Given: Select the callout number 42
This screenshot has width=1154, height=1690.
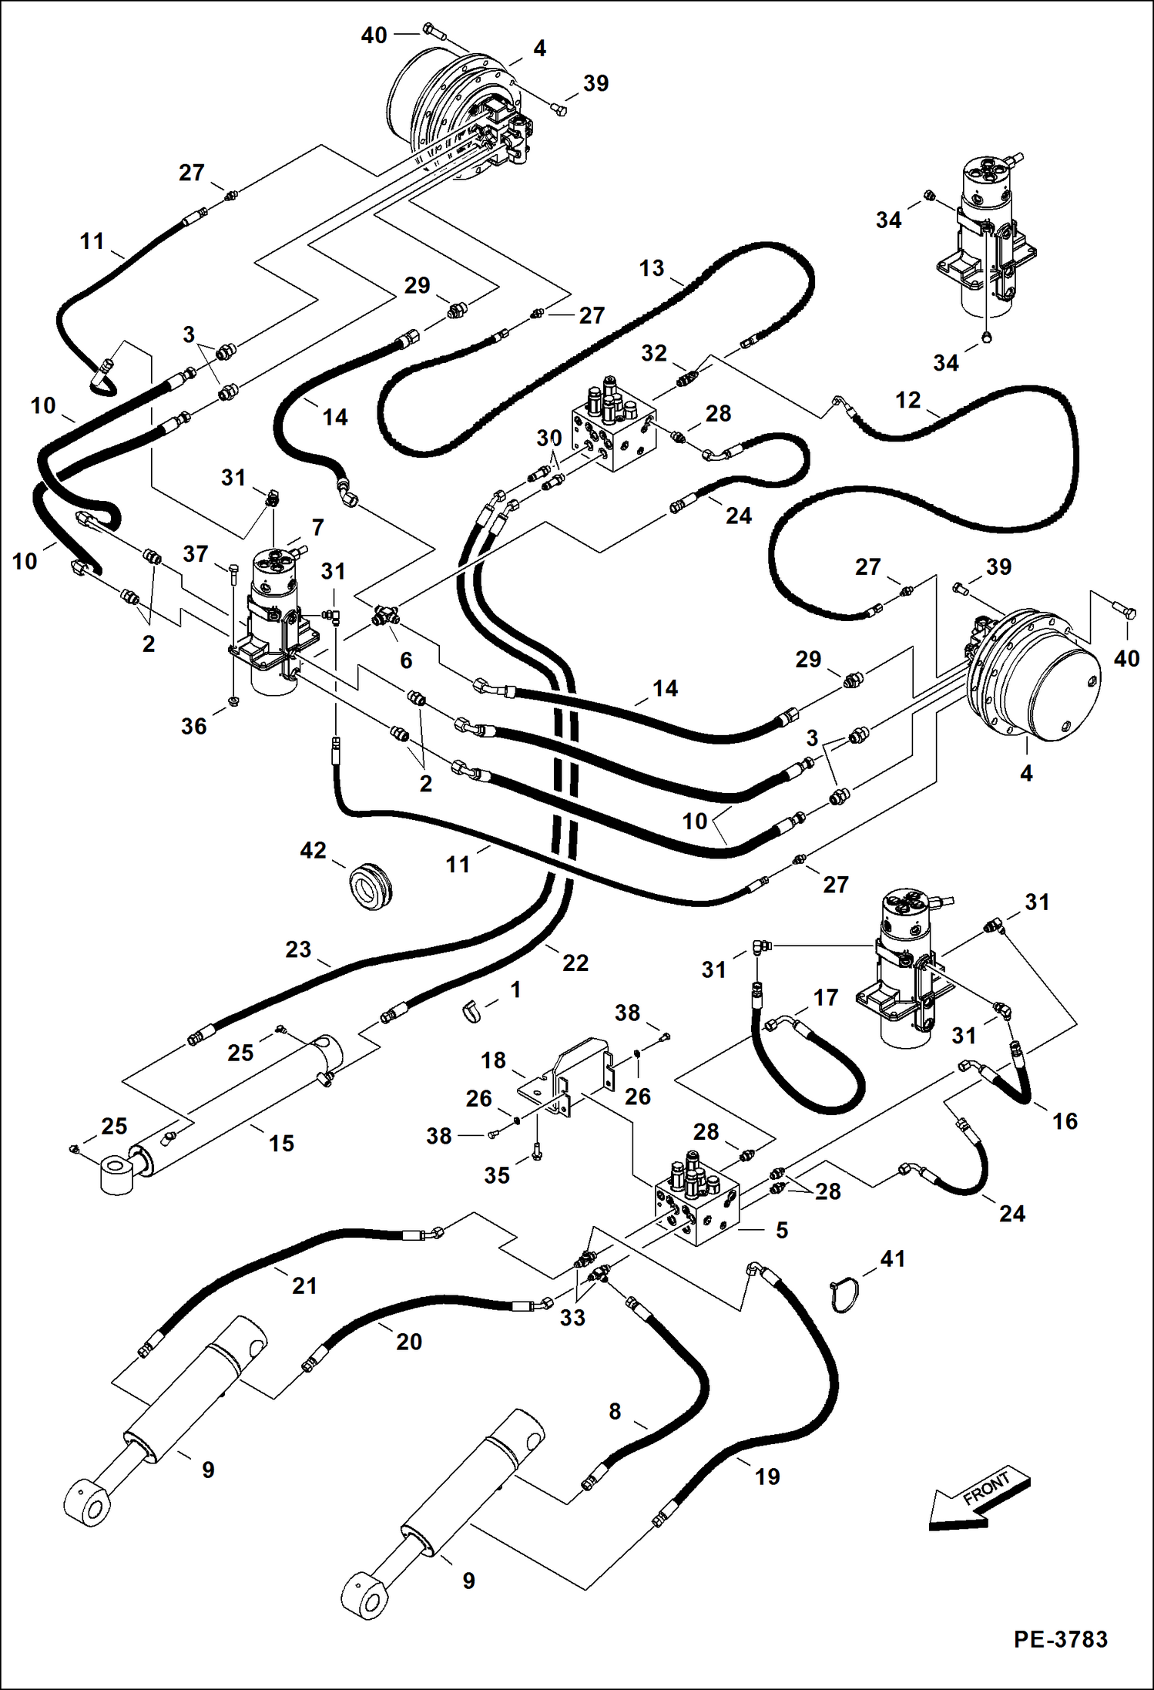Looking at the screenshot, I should [313, 850].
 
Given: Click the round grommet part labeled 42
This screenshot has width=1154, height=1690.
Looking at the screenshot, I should [371, 888].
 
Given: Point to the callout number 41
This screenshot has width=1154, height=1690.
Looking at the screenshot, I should [892, 1258].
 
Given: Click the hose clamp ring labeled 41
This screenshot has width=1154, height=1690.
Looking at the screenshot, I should [847, 1295].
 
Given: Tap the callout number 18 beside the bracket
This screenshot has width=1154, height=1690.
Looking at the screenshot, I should [493, 1060].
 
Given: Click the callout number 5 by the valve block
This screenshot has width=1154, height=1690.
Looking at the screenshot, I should [781, 1230].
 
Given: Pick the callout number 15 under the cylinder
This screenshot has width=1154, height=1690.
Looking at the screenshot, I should [281, 1143].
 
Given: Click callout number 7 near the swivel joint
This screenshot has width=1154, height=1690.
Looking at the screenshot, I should [317, 527].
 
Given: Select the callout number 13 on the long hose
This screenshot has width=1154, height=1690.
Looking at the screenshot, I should [651, 268].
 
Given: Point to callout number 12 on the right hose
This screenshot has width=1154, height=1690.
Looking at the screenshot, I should [907, 400].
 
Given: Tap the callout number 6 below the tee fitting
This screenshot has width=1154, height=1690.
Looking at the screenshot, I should [406, 660].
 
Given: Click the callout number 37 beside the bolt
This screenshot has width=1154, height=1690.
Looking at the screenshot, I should [196, 553].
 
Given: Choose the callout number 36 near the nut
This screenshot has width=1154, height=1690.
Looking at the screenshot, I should [193, 726].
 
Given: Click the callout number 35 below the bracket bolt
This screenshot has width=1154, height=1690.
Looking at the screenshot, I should [496, 1175].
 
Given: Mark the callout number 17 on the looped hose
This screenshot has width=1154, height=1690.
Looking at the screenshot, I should [825, 997].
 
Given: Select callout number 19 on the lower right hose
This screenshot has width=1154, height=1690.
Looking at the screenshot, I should [767, 1477].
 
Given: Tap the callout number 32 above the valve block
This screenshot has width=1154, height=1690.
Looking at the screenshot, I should [653, 353].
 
